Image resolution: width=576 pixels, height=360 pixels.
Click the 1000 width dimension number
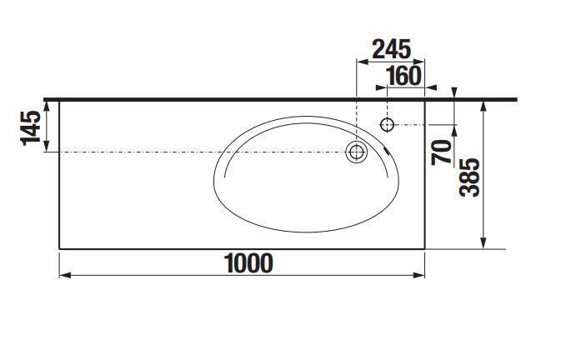coord(248,263)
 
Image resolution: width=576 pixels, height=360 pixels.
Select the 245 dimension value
coord(391,48)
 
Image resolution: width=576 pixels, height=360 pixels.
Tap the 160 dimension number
coord(403,76)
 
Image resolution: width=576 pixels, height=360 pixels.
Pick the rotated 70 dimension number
coord(443,150)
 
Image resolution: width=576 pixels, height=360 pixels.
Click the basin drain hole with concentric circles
coord(357,152)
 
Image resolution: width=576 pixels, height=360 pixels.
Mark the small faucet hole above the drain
coord(387,125)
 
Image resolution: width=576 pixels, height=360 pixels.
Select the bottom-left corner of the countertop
coord(60,248)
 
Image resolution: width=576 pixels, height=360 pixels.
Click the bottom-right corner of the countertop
coord(425,248)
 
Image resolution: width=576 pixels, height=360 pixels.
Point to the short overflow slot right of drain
coord(388,151)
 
